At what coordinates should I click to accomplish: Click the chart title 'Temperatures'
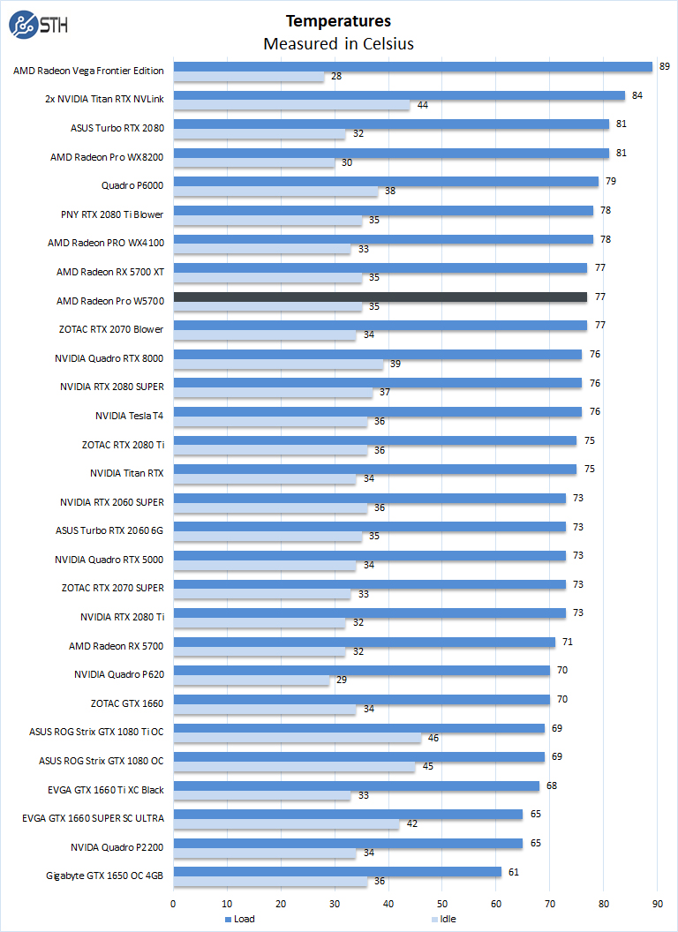point(338,20)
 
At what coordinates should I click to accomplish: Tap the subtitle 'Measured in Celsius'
point(338,43)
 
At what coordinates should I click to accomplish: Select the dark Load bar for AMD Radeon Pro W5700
point(380,297)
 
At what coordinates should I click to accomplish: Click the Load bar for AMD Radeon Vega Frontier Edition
point(412,67)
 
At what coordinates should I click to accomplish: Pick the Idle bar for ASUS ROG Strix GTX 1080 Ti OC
point(297,738)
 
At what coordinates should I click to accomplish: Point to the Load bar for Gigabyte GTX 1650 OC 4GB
point(337,872)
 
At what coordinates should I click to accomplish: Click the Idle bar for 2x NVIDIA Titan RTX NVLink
point(291,106)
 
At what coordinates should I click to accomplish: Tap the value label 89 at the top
point(664,66)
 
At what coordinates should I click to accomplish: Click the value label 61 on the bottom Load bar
point(513,872)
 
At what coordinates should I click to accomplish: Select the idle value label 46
point(433,738)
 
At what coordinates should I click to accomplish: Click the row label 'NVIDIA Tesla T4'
point(129,416)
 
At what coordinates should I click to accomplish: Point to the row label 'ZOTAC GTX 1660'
point(127,703)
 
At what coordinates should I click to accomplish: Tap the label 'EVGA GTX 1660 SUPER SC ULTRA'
point(93,818)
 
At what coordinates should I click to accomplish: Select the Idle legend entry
point(446,919)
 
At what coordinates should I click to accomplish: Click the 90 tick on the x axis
point(657,903)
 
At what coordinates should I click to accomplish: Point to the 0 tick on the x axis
point(173,903)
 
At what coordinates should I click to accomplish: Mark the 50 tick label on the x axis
point(442,903)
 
